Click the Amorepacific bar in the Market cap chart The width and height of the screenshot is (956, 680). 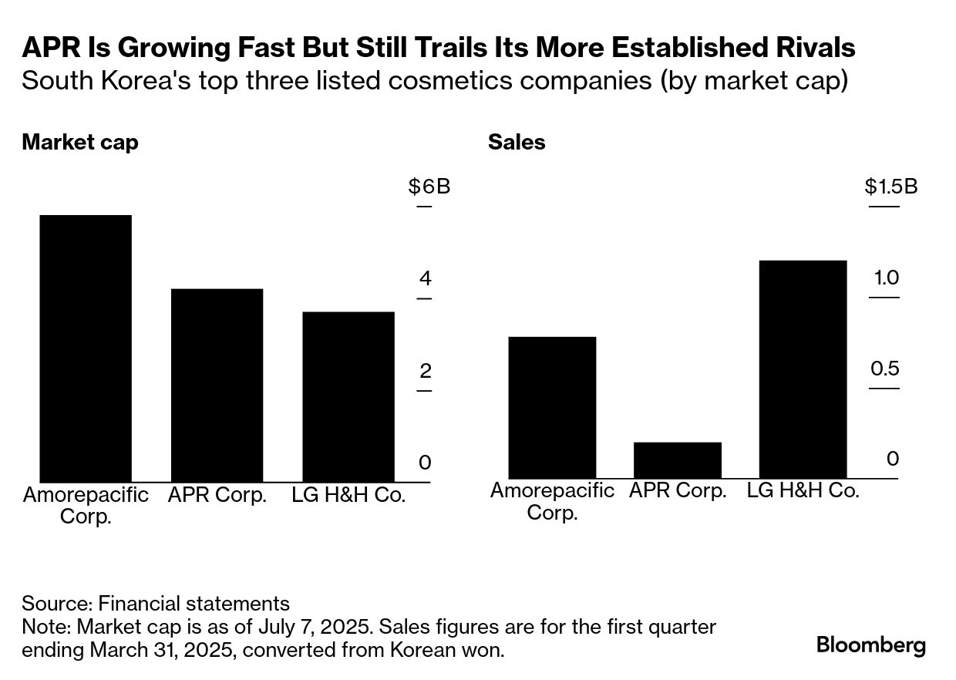point(85,348)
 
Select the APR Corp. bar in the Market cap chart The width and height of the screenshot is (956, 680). point(217,385)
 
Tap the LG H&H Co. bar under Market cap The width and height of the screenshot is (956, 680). point(348,397)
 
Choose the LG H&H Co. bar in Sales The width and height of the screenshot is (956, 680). point(803,369)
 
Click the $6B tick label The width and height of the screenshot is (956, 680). point(429,187)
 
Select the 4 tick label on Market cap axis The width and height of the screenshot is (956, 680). point(425,279)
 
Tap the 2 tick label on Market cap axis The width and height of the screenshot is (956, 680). point(425,371)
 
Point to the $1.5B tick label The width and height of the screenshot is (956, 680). point(891,187)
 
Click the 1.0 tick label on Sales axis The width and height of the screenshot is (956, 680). point(886,278)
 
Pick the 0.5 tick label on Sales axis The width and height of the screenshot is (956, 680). point(885,369)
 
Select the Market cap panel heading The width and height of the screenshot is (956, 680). point(80,143)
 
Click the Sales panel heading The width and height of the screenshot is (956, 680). point(516,143)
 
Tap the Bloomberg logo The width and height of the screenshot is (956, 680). point(871,645)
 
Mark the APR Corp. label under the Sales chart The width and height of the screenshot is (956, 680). point(678,490)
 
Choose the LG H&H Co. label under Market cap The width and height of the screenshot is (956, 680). point(348,495)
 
